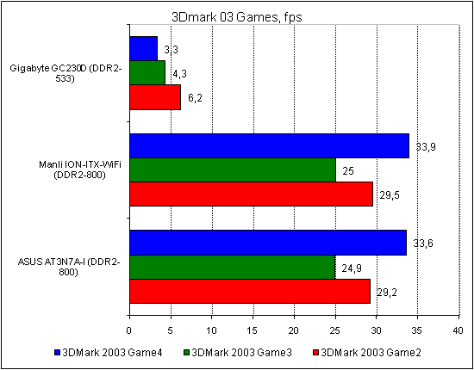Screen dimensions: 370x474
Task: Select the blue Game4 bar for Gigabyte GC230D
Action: [x=143, y=48]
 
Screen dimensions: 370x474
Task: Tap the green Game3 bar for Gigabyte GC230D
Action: [x=147, y=73]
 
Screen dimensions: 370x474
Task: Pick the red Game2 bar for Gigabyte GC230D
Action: [x=154, y=97]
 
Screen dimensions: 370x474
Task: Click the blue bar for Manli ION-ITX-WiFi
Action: [x=269, y=145]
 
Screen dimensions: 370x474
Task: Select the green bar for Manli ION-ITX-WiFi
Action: [x=232, y=170]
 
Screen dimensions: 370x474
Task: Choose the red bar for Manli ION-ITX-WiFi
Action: [x=251, y=194]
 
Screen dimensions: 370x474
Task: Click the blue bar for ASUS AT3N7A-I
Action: [x=267, y=243]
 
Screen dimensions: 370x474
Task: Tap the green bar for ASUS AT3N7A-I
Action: [x=232, y=267]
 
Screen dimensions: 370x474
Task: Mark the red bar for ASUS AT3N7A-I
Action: [x=249, y=291]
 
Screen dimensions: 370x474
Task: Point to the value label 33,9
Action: [x=425, y=147]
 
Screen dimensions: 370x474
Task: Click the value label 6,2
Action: [x=196, y=99]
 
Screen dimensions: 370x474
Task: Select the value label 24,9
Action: [x=352, y=268]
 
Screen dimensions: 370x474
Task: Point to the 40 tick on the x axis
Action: [x=458, y=330]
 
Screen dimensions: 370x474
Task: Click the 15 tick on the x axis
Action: [x=253, y=330]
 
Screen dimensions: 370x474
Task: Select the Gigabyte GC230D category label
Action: [x=68, y=73]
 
